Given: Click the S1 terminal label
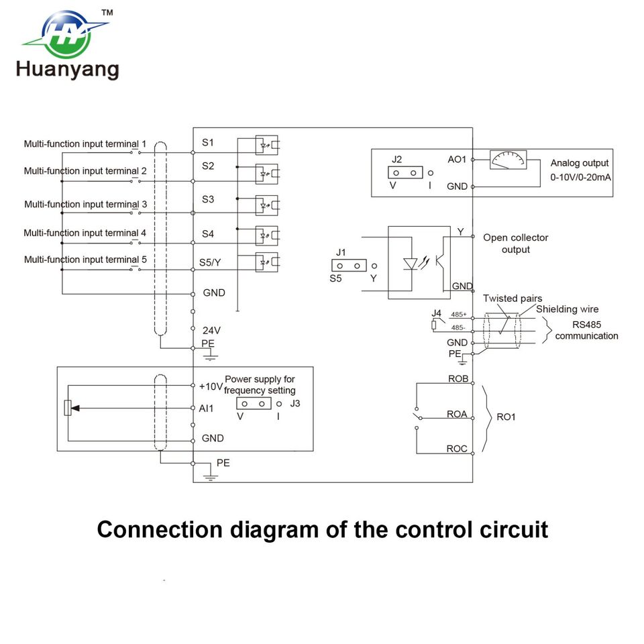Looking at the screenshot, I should [208, 143].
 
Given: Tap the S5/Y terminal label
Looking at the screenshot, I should [211, 262].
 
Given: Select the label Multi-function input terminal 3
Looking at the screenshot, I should [85, 204].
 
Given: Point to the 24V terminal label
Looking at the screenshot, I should [211, 330].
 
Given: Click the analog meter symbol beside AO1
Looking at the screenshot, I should [508, 160].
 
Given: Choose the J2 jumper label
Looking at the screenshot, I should [397, 159].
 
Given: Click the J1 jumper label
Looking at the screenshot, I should [341, 252].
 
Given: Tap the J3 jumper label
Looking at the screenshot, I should [295, 404].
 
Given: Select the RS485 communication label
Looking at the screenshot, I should [586, 330].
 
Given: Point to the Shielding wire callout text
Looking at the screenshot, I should [567, 309].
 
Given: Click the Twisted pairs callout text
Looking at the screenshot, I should [513, 299].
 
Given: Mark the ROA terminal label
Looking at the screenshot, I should [457, 415].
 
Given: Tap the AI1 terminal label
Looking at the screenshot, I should [206, 408].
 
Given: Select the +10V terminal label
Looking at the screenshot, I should [210, 386].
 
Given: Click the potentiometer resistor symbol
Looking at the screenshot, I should [68, 408].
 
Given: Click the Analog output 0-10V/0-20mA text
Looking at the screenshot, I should [580, 170].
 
